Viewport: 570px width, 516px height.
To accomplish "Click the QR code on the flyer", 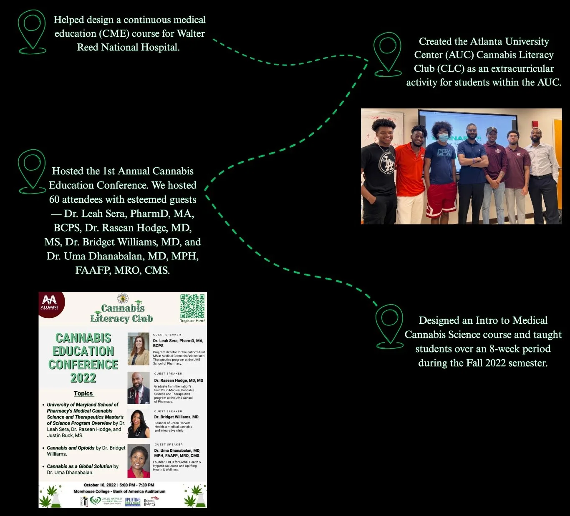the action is pos(192,306).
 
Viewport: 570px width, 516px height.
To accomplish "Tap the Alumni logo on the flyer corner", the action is pos(50,303).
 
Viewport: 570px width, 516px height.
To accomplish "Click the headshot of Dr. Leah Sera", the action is pos(138,349).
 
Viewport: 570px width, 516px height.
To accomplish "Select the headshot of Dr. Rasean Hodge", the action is pos(138,388).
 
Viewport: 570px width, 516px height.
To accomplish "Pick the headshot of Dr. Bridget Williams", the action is pos(138,423).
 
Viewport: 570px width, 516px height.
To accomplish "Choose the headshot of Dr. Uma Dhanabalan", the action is pos(138,461).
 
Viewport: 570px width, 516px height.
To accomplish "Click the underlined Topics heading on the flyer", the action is pos(83,393).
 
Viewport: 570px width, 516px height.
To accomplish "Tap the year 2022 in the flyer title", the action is pos(83,378).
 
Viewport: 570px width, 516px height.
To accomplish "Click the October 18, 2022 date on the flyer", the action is pos(100,485).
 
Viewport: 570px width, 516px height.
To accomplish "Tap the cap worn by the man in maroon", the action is pos(492,131).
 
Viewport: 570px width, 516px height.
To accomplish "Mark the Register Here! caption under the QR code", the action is pos(192,321).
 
